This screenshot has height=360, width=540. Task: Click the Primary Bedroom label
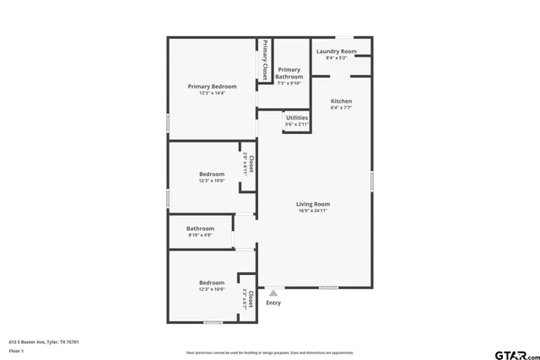(212, 86)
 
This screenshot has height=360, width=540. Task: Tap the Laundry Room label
(336, 51)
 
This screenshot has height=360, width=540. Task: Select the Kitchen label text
(341, 101)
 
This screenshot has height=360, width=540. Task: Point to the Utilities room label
(297, 117)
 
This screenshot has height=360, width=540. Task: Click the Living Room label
(312, 204)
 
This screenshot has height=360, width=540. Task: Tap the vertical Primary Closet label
(265, 59)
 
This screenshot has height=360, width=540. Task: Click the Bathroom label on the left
(200, 228)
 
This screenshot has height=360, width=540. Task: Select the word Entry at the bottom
(273, 303)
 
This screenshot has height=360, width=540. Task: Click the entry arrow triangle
(273, 293)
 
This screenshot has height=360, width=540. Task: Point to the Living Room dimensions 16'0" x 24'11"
(312, 211)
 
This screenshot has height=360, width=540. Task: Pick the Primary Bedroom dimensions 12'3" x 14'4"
(212, 93)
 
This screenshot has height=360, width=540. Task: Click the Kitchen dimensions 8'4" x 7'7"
(341, 108)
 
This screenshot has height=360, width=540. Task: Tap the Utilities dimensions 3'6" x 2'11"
(297, 124)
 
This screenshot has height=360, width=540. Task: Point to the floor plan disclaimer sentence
(270, 352)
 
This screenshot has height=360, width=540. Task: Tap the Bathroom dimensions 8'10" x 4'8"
(200, 235)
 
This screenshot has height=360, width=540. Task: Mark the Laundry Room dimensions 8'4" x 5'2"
(336, 58)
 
